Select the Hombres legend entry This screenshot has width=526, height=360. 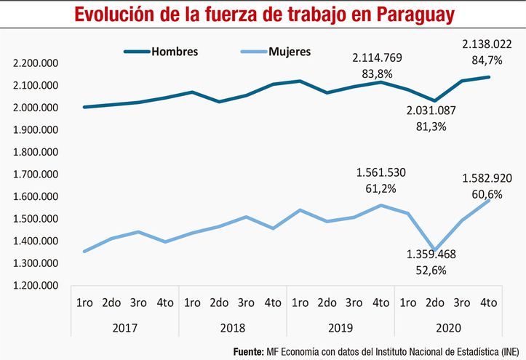click(x=174, y=52)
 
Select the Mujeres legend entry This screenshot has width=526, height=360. click(x=289, y=52)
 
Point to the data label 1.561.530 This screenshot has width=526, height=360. click(x=380, y=173)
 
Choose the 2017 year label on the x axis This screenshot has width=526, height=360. click(x=127, y=327)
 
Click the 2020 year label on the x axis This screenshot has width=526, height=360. click(x=447, y=327)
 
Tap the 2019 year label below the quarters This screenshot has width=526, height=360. click(x=340, y=327)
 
